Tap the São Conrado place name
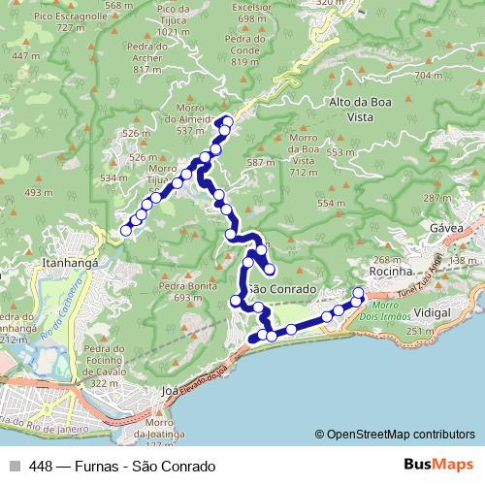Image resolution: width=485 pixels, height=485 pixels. coord(280,290)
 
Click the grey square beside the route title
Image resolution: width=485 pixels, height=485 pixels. coord(14,465)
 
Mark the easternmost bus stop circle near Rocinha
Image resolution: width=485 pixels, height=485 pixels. coord(358,293)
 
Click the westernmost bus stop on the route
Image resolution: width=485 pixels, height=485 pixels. coord(125,230)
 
